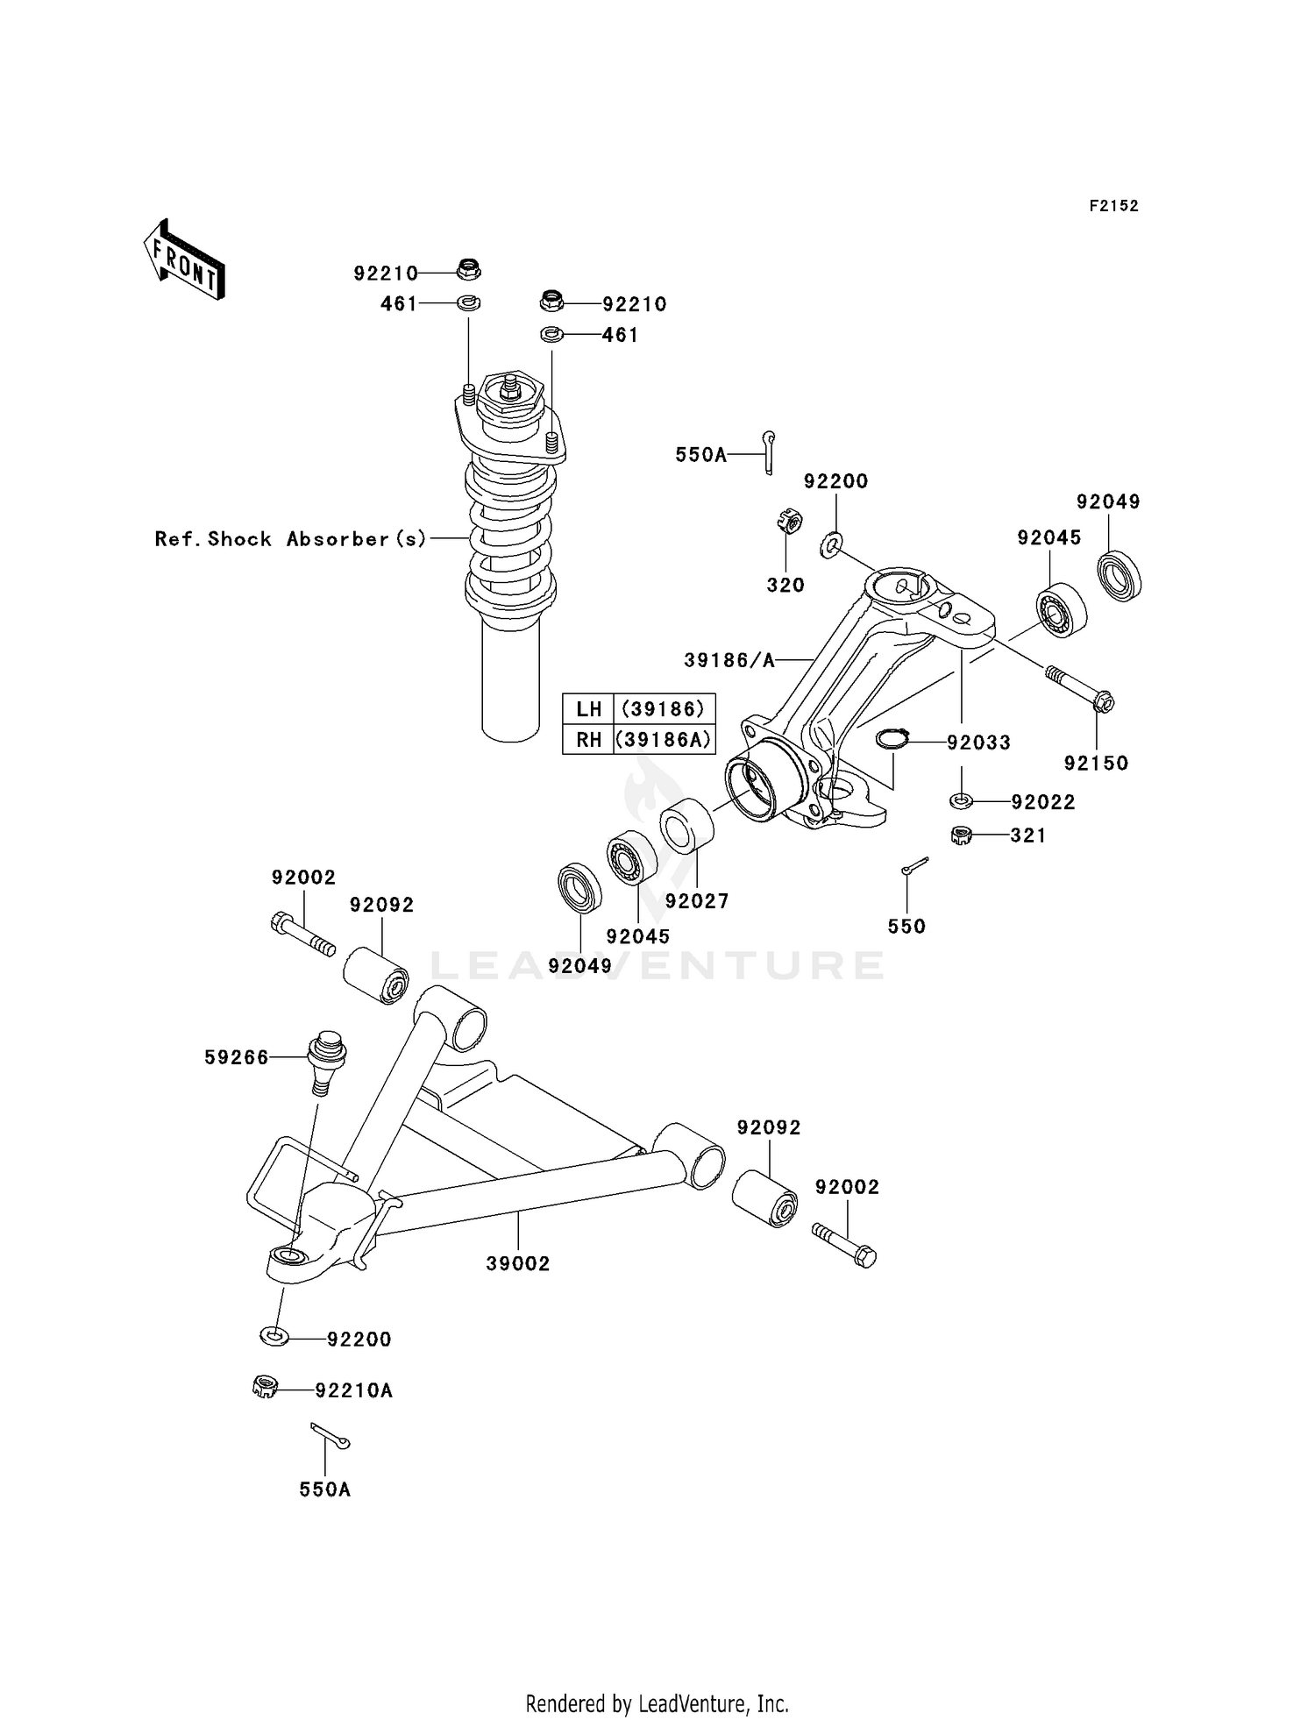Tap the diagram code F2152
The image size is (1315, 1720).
click(1113, 206)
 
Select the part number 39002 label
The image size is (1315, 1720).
click(518, 1263)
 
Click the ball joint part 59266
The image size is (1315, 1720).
click(326, 1060)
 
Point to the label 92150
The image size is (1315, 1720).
click(1096, 763)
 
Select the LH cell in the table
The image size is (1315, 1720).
click(588, 708)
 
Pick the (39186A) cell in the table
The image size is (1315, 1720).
click(664, 739)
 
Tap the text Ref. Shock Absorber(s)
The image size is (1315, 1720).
click(290, 538)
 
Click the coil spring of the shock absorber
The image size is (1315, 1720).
click(510, 535)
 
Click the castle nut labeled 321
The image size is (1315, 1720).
click(962, 835)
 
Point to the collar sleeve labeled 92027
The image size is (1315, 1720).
click(687, 825)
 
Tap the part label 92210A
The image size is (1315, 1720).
click(353, 1390)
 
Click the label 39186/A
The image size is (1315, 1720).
click(729, 660)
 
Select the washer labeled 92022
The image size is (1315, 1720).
click(962, 800)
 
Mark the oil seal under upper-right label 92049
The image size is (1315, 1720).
click(1120, 575)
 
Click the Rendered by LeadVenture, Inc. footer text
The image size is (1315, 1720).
click(657, 1703)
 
